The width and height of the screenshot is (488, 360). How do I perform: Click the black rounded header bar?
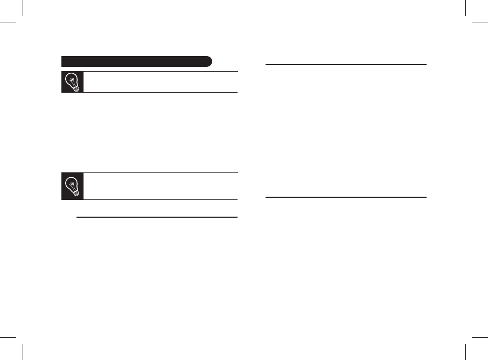click(x=137, y=60)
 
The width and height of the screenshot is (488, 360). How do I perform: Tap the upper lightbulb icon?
click(x=73, y=82)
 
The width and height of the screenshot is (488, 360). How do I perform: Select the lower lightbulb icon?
click(x=73, y=186)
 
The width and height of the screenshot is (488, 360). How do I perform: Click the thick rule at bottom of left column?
click(x=157, y=218)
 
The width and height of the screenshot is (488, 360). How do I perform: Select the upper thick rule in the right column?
click(x=347, y=65)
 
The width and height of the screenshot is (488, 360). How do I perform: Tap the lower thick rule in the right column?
click(x=347, y=197)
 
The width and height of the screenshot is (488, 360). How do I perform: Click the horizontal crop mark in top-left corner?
click(x=8, y=23)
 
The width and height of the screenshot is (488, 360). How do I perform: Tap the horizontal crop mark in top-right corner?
click(x=479, y=23)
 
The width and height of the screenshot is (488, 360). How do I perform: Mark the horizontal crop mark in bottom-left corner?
click(x=8, y=337)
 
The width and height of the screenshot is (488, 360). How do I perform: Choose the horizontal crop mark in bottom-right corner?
click(x=479, y=337)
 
